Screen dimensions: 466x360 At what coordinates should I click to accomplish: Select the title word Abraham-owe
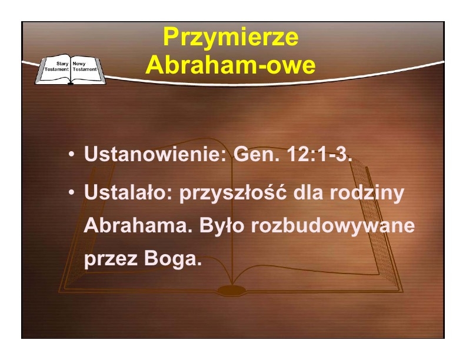(230, 65)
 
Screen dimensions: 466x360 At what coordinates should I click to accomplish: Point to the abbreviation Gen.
(256, 154)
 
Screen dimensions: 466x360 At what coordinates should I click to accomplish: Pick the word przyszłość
(233, 193)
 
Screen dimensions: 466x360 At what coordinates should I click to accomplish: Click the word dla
(308, 192)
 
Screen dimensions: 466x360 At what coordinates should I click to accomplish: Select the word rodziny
(367, 193)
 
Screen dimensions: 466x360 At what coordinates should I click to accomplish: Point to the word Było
(222, 226)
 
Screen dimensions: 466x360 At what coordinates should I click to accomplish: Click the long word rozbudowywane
(333, 226)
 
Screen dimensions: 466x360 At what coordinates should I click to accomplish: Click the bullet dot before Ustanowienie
(71, 155)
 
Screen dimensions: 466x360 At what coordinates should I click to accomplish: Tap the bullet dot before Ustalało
(71, 193)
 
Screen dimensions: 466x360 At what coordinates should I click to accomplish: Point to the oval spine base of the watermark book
(232, 290)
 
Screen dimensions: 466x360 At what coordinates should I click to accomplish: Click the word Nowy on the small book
(79, 64)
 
